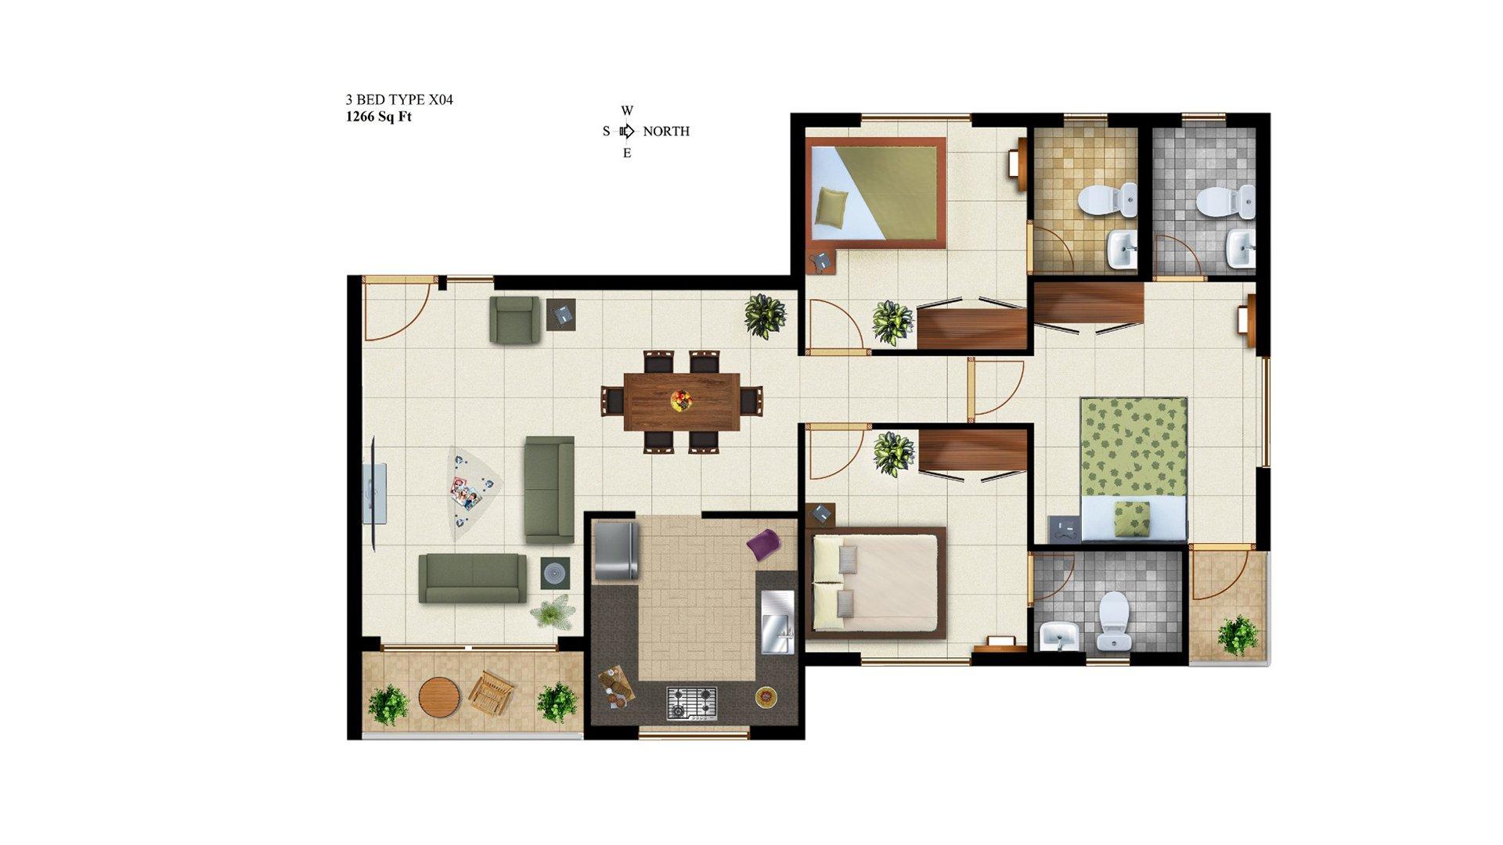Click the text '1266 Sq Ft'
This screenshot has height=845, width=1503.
(x=379, y=117)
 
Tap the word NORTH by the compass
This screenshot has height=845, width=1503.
(x=666, y=131)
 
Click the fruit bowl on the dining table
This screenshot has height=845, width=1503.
(x=682, y=401)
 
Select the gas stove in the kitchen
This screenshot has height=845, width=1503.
(x=692, y=702)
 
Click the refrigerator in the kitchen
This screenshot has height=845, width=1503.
(x=616, y=551)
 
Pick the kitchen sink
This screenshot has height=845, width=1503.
(x=777, y=622)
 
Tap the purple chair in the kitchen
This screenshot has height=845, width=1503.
(x=763, y=545)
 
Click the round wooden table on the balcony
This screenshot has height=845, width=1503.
(x=438, y=696)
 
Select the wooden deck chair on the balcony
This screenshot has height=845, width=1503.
(x=491, y=693)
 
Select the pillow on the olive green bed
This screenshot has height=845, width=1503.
(x=831, y=209)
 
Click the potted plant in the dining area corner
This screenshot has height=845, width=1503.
(x=765, y=315)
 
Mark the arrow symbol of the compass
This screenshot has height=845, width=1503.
(x=627, y=131)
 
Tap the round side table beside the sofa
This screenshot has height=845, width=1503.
(x=555, y=574)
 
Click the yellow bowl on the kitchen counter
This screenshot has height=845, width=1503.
(x=765, y=696)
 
